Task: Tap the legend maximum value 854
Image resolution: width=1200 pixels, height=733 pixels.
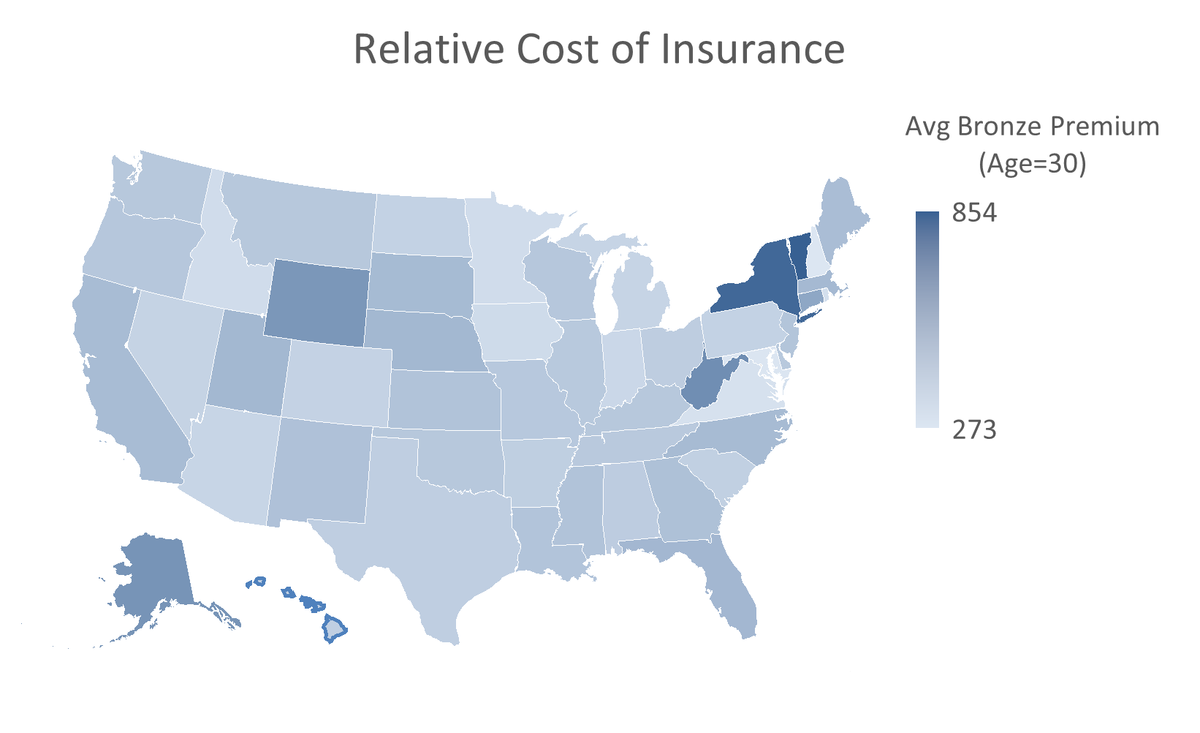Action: coord(974,214)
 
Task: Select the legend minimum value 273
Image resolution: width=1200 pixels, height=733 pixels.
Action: coord(974,429)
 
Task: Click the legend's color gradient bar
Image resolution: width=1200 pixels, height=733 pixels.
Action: coord(927,320)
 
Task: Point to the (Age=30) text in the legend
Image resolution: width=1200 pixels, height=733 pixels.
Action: coord(1032,164)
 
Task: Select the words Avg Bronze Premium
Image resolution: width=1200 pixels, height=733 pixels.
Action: coord(1032,127)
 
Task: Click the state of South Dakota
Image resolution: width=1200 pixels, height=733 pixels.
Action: coord(420,282)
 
